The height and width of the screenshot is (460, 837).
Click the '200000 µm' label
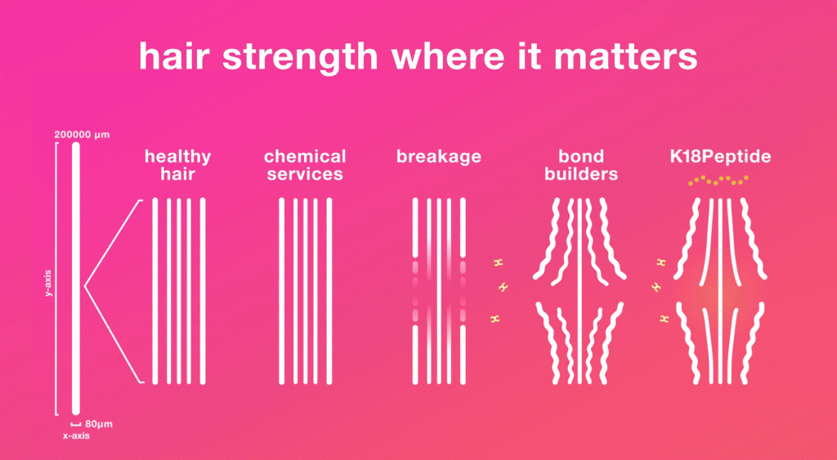click(82, 135)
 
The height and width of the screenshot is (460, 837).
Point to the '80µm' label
click(99, 426)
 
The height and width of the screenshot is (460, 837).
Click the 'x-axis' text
click(76, 436)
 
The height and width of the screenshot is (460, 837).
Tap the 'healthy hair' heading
click(177, 165)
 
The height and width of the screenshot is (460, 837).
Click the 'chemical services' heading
click(305, 165)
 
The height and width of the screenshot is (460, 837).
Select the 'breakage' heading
click(439, 157)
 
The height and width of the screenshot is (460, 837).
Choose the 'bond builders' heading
click(581, 165)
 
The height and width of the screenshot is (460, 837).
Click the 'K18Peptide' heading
click(721, 157)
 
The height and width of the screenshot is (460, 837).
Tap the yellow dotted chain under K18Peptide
click(718, 181)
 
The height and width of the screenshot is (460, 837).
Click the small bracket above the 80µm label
click(76, 424)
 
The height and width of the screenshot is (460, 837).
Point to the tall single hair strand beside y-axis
click(75, 278)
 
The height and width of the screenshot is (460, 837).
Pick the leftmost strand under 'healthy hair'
click(155, 291)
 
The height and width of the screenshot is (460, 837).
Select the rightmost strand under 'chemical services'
click(329, 291)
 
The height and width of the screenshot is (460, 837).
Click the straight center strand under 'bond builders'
click(580, 291)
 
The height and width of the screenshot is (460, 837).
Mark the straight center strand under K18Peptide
click(721, 291)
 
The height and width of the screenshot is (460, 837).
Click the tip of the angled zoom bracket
click(85, 287)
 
